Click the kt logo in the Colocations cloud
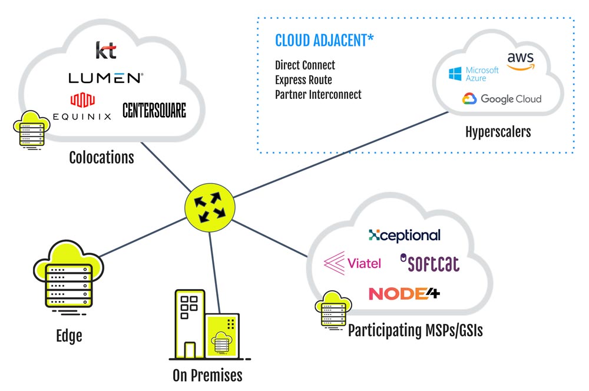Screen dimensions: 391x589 click(x=106, y=50)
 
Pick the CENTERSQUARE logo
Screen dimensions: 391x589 click(x=154, y=110)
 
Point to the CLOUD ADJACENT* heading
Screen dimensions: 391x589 click(x=325, y=41)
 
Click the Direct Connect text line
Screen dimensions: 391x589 click(x=305, y=65)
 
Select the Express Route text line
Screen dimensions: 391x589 click(x=303, y=80)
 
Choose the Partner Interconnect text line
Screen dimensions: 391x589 click(x=318, y=94)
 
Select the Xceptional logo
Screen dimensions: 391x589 click(x=404, y=236)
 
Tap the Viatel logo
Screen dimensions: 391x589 click(x=353, y=263)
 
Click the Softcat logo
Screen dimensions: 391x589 click(x=429, y=263)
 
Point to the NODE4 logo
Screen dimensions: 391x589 click(x=404, y=293)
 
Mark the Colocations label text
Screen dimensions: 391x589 click(x=101, y=158)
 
